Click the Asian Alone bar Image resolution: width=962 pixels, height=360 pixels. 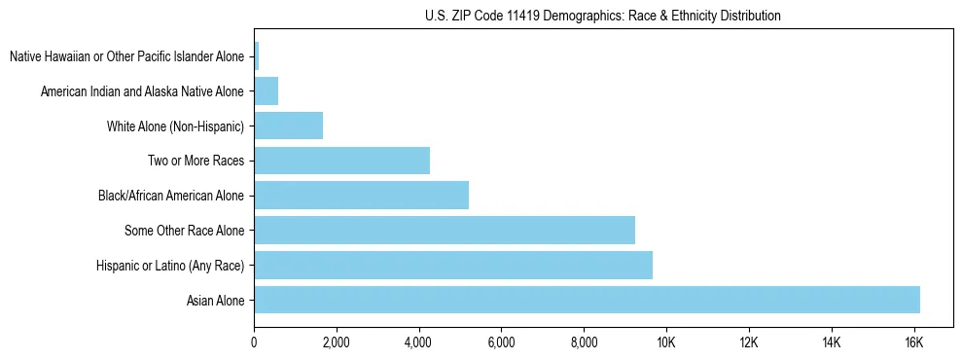(587, 300)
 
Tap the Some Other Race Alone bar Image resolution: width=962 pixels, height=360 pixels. (445, 230)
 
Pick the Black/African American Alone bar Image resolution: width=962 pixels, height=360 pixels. (361, 196)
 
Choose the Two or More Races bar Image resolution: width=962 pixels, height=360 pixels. (341, 161)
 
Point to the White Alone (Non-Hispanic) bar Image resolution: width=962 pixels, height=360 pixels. (288, 126)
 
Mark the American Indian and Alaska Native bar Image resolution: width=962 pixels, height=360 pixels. (266, 91)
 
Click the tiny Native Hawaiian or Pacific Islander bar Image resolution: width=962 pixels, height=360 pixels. (256, 56)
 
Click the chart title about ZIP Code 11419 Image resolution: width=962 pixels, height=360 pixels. (603, 16)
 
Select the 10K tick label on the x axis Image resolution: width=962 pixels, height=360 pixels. (666, 342)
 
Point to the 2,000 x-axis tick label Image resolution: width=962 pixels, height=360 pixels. (336, 342)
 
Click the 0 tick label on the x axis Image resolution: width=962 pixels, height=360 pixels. (254, 342)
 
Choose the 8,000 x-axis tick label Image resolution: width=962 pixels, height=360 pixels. (584, 342)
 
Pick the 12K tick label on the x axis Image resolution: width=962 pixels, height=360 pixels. (748, 342)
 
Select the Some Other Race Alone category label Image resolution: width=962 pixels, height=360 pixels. (184, 231)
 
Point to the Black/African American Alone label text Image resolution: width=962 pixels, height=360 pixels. (170, 197)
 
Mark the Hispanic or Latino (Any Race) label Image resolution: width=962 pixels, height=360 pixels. (170, 266)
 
